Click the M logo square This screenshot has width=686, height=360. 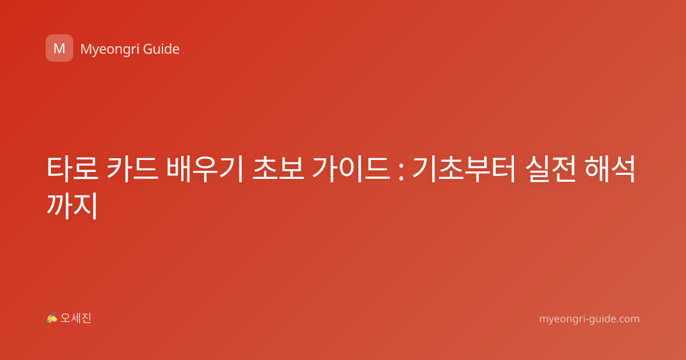(59, 48)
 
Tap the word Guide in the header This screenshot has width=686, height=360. (161, 49)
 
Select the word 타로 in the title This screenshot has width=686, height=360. (72, 169)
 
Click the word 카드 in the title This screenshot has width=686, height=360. (132, 169)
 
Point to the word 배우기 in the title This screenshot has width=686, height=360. (205, 169)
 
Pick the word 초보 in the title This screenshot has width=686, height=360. (278, 169)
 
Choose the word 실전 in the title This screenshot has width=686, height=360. (551, 169)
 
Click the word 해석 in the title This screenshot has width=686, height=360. (609, 169)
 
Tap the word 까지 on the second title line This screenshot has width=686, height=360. (72, 206)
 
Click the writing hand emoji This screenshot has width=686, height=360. (52, 318)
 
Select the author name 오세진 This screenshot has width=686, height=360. (75, 318)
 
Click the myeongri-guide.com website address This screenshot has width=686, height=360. (589, 319)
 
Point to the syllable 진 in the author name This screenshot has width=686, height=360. (86, 318)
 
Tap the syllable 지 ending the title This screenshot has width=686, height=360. (86, 206)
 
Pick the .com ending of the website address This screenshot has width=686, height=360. (627, 319)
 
